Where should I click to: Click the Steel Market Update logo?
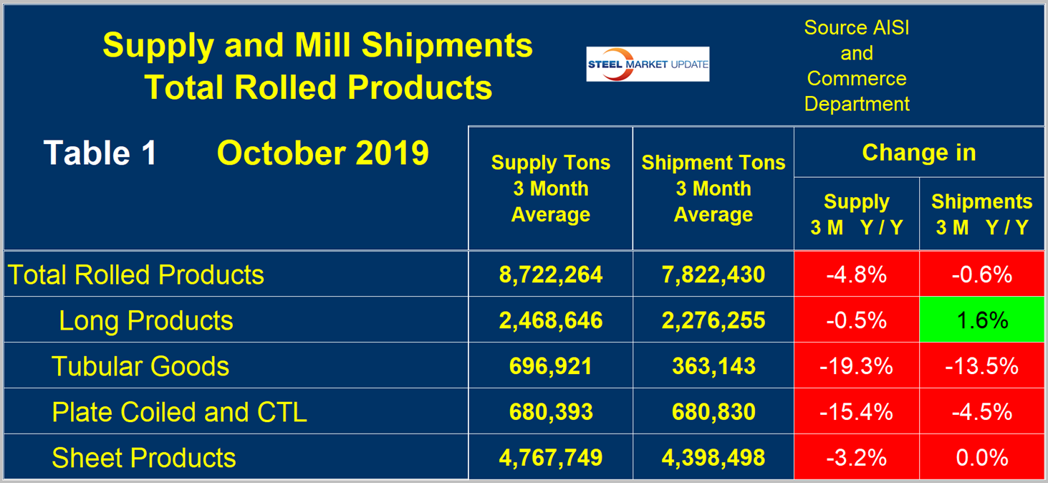[x=648, y=64]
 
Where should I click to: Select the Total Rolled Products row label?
[x=136, y=274]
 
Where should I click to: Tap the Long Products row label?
[x=146, y=320]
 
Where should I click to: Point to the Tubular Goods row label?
[x=140, y=366]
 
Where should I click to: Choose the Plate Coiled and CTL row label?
[x=179, y=412]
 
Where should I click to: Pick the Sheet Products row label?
[x=144, y=458]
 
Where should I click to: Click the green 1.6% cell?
[x=981, y=320]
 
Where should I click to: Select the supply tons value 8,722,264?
[x=550, y=274]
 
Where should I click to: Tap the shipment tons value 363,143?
[x=713, y=366]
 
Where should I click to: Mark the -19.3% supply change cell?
[x=856, y=366]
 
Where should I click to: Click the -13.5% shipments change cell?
[x=981, y=366]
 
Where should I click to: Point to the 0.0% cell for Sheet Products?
[x=981, y=458]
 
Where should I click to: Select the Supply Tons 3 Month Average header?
[x=550, y=188]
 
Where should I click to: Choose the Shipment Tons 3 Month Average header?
[x=713, y=188]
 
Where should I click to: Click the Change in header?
[x=918, y=153]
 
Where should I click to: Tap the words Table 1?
[x=100, y=153]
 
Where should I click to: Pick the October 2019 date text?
[x=322, y=153]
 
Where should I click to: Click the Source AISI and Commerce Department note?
[x=857, y=66]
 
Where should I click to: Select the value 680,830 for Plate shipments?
[x=713, y=412]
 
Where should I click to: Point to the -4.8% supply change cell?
[x=856, y=274]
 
